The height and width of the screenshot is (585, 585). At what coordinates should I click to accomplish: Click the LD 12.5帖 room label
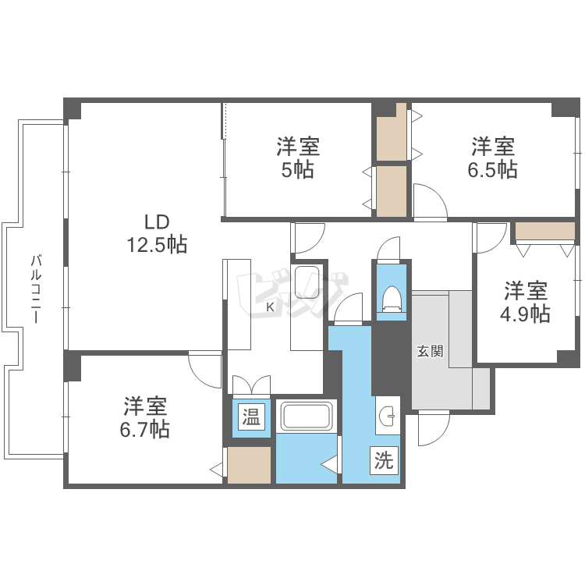(157, 232)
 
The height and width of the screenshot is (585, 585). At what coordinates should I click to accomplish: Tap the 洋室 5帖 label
(297, 158)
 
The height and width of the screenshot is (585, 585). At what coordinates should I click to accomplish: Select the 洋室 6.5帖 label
(492, 158)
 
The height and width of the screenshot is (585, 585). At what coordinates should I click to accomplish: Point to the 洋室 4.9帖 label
(525, 302)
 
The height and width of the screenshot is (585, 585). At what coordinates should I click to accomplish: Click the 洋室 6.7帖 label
(146, 417)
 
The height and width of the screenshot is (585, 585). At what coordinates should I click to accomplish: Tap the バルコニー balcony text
(36, 289)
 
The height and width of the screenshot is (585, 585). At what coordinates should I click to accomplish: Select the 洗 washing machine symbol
(383, 460)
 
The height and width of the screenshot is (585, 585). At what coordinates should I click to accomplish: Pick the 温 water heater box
(250, 417)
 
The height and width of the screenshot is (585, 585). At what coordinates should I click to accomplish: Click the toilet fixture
(392, 299)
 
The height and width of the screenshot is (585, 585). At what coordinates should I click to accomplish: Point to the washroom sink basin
(387, 418)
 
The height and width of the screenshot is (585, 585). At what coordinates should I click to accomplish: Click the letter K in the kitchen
(270, 307)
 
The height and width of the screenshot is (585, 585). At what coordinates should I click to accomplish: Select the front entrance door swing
(434, 427)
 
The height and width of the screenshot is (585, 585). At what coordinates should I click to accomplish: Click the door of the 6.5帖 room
(429, 201)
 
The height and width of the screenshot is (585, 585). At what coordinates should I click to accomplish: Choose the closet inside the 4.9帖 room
(544, 232)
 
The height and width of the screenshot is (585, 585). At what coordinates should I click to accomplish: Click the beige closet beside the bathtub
(250, 465)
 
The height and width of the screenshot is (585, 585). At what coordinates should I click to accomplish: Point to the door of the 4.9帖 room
(491, 238)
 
